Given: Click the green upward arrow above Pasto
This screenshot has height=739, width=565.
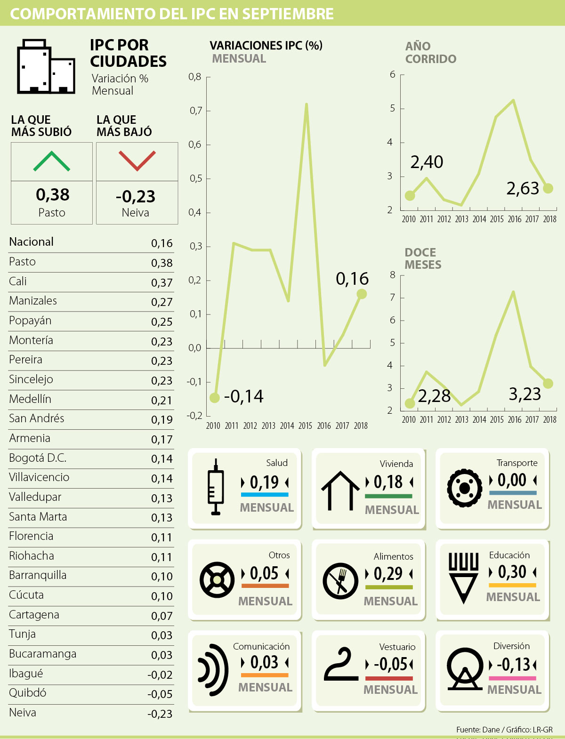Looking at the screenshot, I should [52, 161].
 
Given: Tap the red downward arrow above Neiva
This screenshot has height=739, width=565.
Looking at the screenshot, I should [137, 161].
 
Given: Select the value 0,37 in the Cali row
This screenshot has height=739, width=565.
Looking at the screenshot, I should [162, 283].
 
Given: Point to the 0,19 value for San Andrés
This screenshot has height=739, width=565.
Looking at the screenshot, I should [162, 420].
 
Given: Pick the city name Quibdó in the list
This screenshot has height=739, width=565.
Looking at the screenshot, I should [28, 693].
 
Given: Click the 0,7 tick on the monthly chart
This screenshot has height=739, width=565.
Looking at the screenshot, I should [196, 111].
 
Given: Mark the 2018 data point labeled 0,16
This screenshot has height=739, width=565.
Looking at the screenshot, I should [362, 294].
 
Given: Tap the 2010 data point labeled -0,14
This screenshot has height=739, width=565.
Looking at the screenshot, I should [215, 398].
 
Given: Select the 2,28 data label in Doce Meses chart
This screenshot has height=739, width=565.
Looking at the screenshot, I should [434, 396].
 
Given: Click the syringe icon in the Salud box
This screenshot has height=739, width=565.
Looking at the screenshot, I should [216, 487].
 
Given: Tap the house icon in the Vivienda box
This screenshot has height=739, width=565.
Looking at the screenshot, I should [340, 490].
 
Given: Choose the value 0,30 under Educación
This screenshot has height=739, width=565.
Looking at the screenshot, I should [512, 572].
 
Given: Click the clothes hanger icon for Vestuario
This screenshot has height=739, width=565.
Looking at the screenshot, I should [340, 664].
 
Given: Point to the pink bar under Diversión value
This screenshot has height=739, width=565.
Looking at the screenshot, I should [512, 678].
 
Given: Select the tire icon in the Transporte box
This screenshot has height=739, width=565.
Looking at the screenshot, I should [465, 488].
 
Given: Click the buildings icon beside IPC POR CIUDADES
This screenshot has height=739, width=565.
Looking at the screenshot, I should [46, 67].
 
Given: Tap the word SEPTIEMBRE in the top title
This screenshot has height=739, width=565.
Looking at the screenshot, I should [288, 14].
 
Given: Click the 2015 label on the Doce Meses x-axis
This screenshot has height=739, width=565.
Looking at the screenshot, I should [497, 419].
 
